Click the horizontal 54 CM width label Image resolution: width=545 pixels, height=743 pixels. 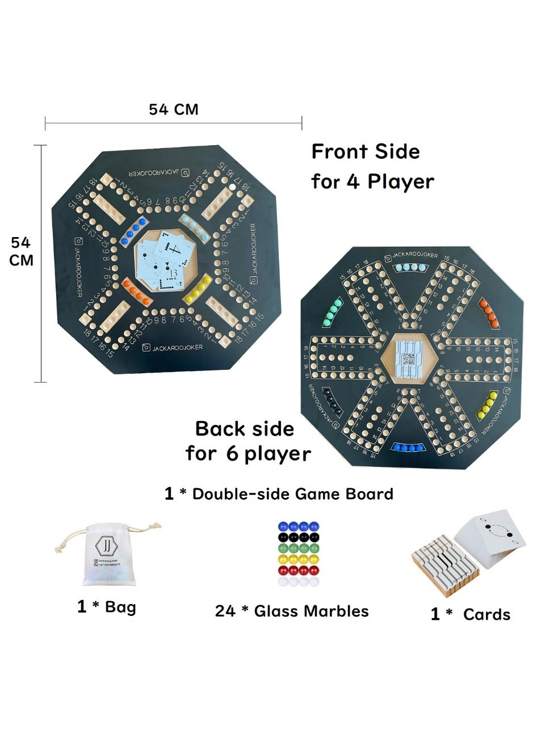pos(173,109)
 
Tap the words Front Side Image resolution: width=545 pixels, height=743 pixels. pos(366,152)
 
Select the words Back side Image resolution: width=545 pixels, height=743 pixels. pos(245,429)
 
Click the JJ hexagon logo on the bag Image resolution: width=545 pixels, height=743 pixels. pos(106,546)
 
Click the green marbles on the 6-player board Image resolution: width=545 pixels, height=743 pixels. pos(333,313)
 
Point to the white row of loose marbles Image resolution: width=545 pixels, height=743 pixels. pos(298,581)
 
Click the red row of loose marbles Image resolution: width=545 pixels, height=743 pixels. pos(298,570)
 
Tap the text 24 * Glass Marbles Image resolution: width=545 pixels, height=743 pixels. pos(292,611)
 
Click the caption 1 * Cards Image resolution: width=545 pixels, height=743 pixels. pos(470,614)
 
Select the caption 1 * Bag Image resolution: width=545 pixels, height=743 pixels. pos(107,607)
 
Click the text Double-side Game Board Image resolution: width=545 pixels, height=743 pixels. pos(292,494)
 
